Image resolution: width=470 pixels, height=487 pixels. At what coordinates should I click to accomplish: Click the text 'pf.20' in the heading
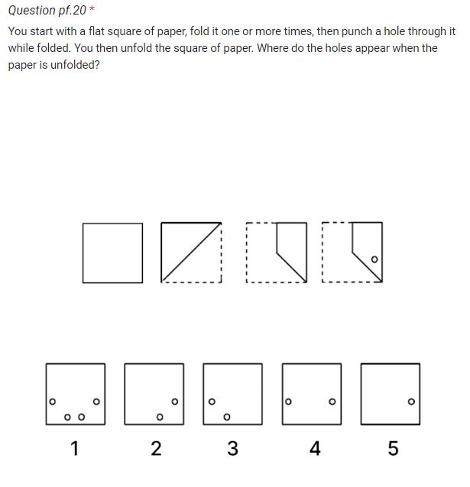click(x=73, y=11)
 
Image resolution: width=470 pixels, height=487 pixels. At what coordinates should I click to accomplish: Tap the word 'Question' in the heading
click(x=31, y=11)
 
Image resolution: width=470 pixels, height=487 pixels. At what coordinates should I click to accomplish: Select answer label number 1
click(x=74, y=449)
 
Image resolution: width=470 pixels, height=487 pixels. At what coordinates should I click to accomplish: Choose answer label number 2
click(x=156, y=449)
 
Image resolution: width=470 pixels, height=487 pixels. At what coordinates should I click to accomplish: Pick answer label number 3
click(x=233, y=449)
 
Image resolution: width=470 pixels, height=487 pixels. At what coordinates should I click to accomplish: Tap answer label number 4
click(x=314, y=449)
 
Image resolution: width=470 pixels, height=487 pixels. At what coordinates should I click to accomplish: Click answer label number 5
click(x=393, y=449)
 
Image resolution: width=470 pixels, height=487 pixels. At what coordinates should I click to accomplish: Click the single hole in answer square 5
click(x=411, y=401)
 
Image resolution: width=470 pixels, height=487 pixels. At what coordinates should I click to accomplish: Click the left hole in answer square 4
click(x=288, y=401)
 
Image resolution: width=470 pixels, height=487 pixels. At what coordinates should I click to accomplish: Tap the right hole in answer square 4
click(x=332, y=401)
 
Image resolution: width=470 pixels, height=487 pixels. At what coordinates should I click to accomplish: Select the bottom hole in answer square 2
click(x=159, y=417)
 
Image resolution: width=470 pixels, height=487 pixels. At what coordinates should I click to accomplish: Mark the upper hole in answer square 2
click(x=175, y=401)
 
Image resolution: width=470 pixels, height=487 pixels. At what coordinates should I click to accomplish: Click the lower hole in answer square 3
click(x=226, y=417)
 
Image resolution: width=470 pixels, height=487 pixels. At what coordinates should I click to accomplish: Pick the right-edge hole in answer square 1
click(x=96, y=401)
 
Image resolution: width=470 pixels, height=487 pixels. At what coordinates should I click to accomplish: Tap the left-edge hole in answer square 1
click(x=52, y=401)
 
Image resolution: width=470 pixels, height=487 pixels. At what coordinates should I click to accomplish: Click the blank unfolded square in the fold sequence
click(x=113, y=253)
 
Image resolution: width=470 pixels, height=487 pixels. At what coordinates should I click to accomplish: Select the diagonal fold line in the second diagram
click(x=190, y=253)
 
